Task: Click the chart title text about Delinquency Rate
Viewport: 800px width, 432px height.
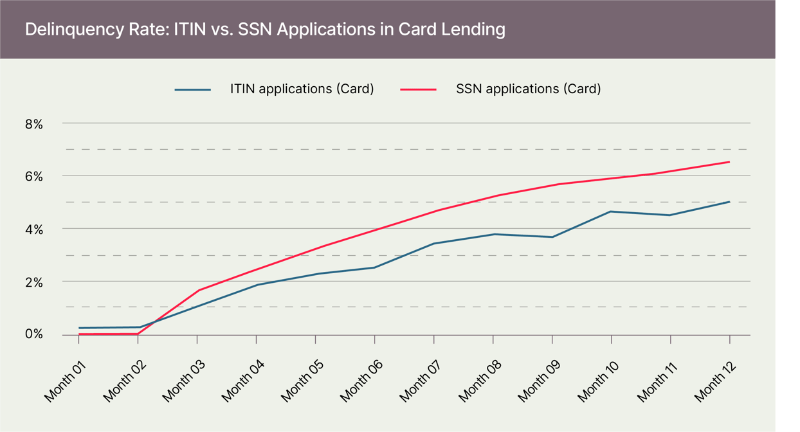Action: point(265,30)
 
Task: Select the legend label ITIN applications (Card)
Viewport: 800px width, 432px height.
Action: point(302,89)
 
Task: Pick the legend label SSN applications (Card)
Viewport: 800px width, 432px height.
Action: point(528,89)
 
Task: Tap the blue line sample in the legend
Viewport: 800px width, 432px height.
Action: point(192,89)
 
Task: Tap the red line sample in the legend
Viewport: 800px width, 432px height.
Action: point(419,89)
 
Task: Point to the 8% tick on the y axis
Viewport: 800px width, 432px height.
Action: point(34,123)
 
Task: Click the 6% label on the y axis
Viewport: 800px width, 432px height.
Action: point(34,176)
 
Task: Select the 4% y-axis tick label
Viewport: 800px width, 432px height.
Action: point(34,229)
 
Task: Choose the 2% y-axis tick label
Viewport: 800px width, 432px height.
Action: point(34,282)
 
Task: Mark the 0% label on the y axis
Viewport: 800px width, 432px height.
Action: point(34,334)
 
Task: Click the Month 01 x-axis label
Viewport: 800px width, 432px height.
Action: point(64,381)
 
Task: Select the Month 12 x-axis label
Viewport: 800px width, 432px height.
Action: point(715,381)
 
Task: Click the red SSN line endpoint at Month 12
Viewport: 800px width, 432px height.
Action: point(729,162)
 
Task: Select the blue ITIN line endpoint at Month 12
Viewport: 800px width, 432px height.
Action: point(729,202)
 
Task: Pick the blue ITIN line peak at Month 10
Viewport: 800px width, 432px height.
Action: point(611,212)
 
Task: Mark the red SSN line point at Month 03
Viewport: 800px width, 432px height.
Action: point(197,291)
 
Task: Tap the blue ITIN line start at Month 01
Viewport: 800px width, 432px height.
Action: point(79,328)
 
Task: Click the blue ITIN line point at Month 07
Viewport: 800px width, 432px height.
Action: point(434,244)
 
